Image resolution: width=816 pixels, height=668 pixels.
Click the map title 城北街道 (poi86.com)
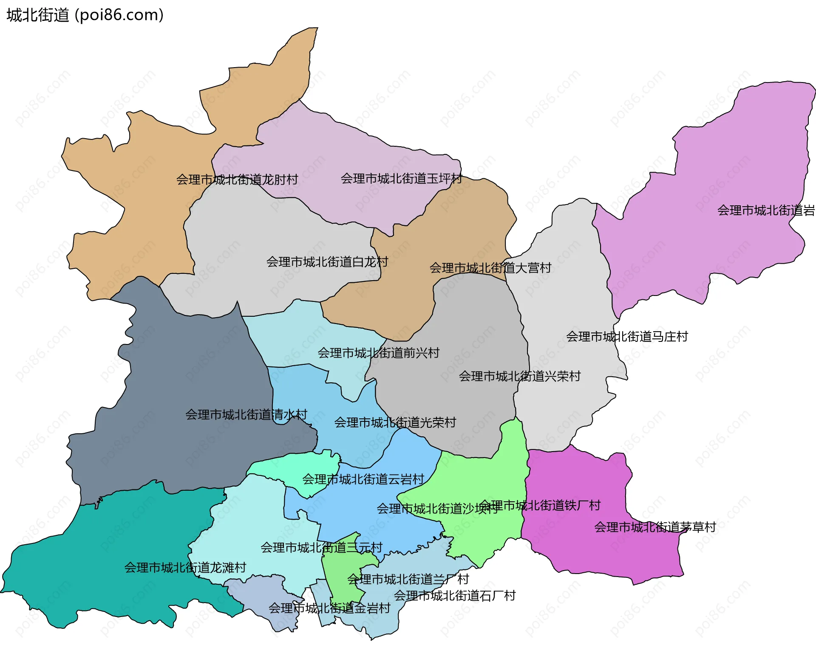pyautogui.click(x=85, y=15)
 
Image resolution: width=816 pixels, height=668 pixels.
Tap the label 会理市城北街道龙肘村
pyautogui.click(x=237, y=179)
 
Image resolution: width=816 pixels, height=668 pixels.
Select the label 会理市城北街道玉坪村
pyautogui.click(x=402, y=179)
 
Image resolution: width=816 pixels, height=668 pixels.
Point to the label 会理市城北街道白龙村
pyautogui.click(x=327, y=262)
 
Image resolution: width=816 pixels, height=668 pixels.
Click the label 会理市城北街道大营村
pyautogui.click(x=490, y=268)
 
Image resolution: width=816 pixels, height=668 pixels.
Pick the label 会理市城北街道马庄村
pyautogui.click(x=627, y=337)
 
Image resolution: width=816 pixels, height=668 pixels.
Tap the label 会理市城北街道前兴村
pyautogui.click(x=378, y=353)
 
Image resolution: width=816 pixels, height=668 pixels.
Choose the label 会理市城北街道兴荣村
pyautogui.click(x=519, y=376)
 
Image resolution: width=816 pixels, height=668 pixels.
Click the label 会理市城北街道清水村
pyautogui.click(x=246, y=415)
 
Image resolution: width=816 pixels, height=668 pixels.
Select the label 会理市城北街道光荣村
pyautogui.click(x=395, y=422)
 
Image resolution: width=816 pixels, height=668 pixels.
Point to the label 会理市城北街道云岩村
pyautogui.click(x=363, y=479)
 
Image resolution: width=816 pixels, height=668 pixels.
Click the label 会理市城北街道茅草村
pyautogui.click(x=655, y=527)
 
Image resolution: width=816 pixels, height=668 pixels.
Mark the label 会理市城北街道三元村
pyautogui.click(x=321, y=547)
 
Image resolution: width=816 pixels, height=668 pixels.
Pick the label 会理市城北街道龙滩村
pyautogui.click(x=185, y=568)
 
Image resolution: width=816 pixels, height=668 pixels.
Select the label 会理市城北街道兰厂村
pyautogui.click(x=408, y=579)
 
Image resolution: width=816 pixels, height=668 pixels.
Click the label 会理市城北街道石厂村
pyautogui.click(x=455, y=595)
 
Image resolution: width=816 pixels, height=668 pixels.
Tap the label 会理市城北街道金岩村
pyautogui.click(x=329, y=608)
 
